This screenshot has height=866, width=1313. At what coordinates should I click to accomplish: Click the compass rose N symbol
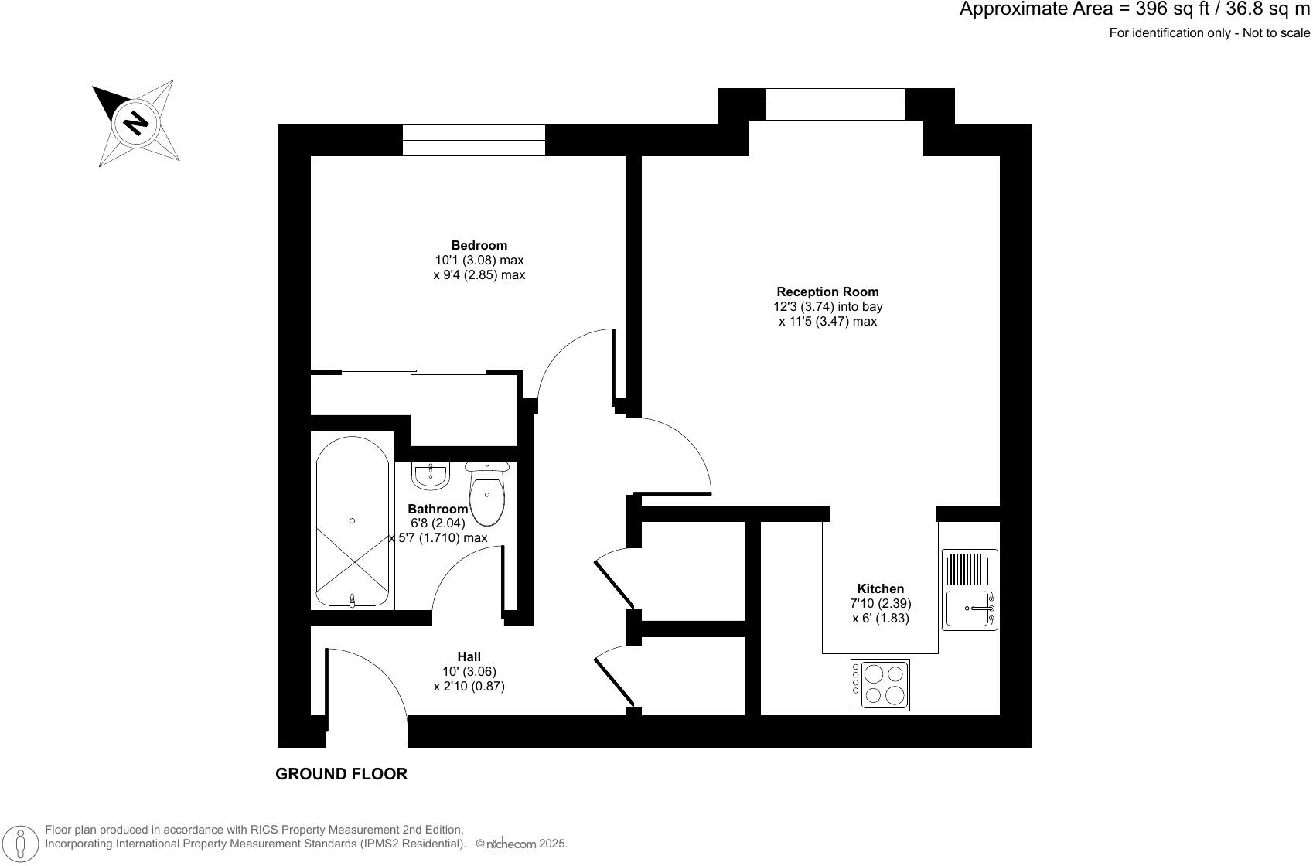pos(136,123)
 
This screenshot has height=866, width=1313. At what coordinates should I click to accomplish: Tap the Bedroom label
pos(479,246)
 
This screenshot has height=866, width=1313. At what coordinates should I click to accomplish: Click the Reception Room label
pos(827,292)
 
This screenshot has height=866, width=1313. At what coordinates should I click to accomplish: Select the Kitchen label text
pos(880,589)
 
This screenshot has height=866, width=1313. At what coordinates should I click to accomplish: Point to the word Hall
pos(469,657)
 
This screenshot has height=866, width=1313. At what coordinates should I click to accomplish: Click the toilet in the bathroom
pos(486,493)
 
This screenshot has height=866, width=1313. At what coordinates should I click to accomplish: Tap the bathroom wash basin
pos(431,476)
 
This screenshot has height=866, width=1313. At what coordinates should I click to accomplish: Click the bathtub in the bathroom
pos(352,522)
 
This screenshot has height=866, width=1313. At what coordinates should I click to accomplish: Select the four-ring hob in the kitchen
pos(880,684)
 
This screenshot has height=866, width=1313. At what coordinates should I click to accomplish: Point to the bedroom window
pos(473,140)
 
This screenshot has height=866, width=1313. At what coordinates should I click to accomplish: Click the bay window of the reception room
pos(834,104)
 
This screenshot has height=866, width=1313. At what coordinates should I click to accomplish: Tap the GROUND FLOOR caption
pos(341,774)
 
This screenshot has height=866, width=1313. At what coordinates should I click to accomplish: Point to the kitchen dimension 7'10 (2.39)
pos(880,604)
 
